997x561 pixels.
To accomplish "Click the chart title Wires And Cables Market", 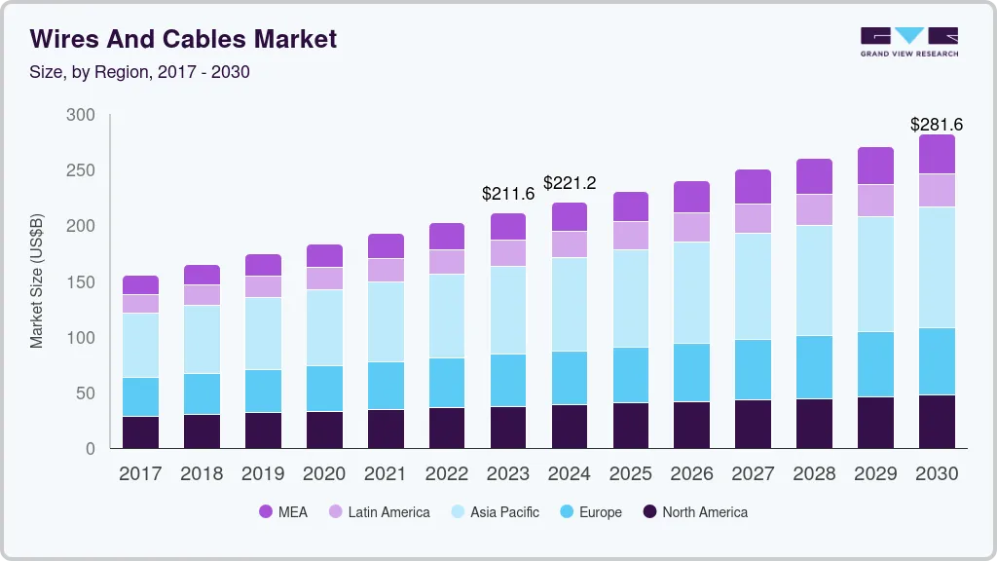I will point(183,39).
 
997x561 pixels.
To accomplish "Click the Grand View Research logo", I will point(908,42).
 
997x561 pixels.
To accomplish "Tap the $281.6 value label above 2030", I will point(936,125).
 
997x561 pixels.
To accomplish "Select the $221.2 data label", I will point(570,183).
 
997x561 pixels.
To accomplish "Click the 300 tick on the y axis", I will point(81,115).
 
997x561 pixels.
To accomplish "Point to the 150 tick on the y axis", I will point(81,282).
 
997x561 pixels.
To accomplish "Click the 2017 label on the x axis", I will point(140,474).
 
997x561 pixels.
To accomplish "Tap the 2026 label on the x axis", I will point(692,474).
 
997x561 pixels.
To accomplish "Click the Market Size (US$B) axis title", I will point(37,281).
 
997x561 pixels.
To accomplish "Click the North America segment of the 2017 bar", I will point(140,432).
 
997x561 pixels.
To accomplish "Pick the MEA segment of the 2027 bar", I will point(754,186).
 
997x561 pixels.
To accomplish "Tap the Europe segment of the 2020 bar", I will point(324,388).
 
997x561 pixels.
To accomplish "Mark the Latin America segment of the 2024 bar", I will point(570,243).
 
